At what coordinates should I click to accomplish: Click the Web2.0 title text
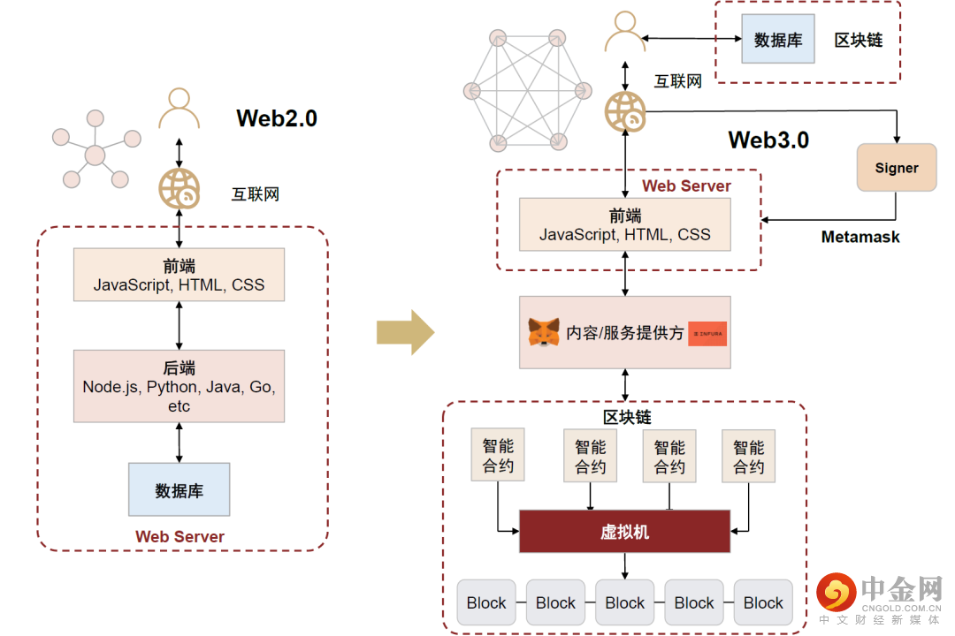tap(276, 118)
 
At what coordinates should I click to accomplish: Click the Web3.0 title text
tap(768, 140)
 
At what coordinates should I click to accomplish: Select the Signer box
tap(897, 168)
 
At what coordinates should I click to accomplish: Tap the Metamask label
tap(860, 237)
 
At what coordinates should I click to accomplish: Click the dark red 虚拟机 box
tap(624, 532)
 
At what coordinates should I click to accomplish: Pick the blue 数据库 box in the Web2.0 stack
tap(179, 490)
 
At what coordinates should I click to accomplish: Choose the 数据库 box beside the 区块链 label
tap(778, 40)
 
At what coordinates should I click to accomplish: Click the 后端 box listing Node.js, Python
tap(180, 387)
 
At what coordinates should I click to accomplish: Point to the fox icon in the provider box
tap(543, 333)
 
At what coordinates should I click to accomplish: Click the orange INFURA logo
tap(707, 333)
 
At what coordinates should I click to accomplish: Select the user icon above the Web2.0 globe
tap(179, 110)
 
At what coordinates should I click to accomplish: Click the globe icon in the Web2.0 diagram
tap(180, 188)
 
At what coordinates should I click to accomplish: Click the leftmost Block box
tap(486, 602)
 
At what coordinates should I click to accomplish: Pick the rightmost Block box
tap(763, 602)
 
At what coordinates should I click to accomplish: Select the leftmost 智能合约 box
tap(498, 456)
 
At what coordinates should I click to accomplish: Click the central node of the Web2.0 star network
tap(95, 157)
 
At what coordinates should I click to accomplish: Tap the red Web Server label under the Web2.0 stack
tap(180, 536)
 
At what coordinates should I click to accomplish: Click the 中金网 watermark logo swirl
tap(837, 593)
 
